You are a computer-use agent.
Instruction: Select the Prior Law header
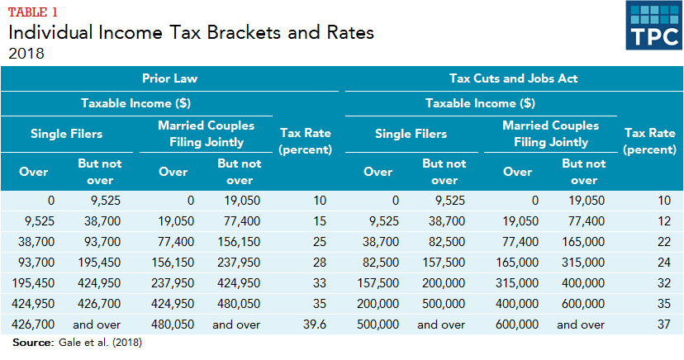(169, 78)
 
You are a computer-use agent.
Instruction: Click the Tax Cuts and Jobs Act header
(513, 78)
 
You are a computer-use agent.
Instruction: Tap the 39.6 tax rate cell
(315, 324)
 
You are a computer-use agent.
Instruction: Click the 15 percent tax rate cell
(320, 221)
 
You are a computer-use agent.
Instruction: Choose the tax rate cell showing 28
(320, 263)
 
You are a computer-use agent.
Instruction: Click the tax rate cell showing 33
(320, 283)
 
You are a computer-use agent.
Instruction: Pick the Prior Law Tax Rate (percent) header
(306, 140)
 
